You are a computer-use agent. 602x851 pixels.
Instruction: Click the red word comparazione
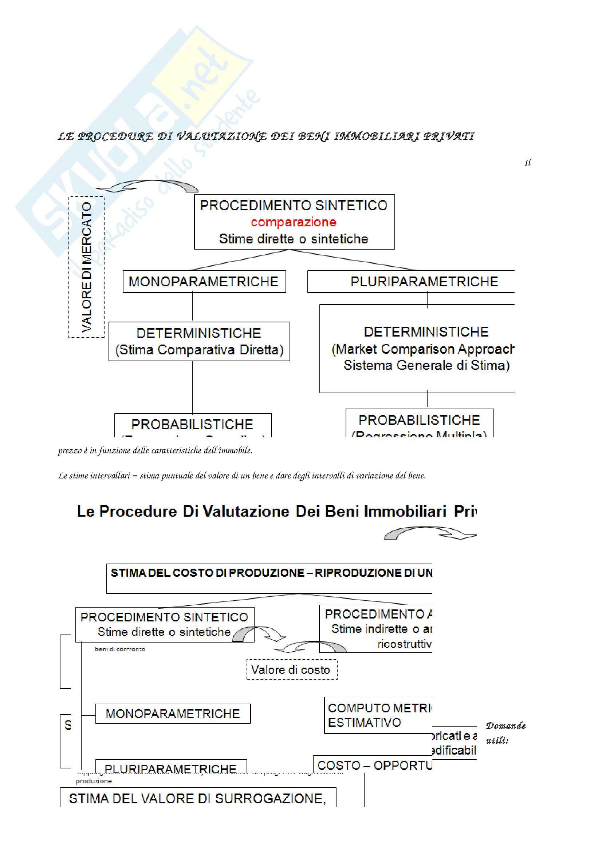click(x=294, y=222)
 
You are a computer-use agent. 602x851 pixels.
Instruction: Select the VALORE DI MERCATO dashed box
click(x=86, y=267)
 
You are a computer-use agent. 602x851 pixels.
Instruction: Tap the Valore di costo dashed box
click(x=292, y=670)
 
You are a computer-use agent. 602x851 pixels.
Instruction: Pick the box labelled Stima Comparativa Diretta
click(x=199, y=341)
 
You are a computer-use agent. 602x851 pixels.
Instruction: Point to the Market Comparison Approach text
click(x=422, y=349)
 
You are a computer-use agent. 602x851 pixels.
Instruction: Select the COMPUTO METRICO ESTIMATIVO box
click(x=378, y=715)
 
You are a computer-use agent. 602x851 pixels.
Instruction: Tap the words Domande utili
click(x=505, y=732)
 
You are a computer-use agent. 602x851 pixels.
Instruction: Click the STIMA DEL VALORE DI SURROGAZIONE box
click(x=198, y=798)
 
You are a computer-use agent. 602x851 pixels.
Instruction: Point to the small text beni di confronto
click(x=120, y=649)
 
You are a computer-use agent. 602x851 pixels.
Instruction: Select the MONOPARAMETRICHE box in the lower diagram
click(x=173, y=713)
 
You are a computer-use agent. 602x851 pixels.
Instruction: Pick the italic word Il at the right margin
click(x=527, y=163)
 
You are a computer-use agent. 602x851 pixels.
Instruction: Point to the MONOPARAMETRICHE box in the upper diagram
click(x=204, y=282)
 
